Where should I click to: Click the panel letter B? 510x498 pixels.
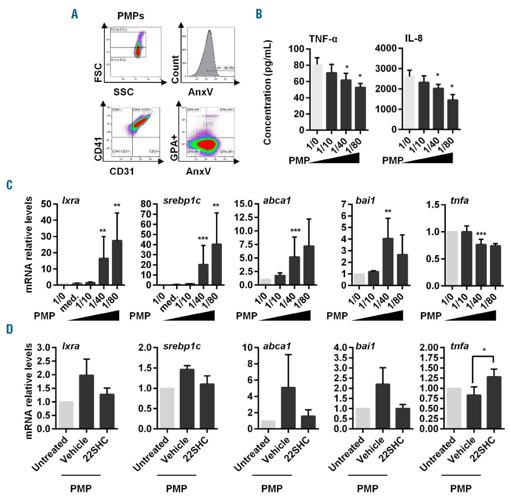(259, 14)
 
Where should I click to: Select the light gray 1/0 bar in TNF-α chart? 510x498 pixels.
(317, 97)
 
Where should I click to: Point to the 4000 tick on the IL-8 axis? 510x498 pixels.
(386, 49)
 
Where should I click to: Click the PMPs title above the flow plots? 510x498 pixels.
(131, 16)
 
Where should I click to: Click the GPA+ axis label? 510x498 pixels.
(174, 148)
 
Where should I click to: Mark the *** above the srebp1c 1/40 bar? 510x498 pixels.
(203, 239)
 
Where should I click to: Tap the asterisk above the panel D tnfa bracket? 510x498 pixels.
(484, 350)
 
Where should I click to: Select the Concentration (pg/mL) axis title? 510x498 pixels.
(267, 92)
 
